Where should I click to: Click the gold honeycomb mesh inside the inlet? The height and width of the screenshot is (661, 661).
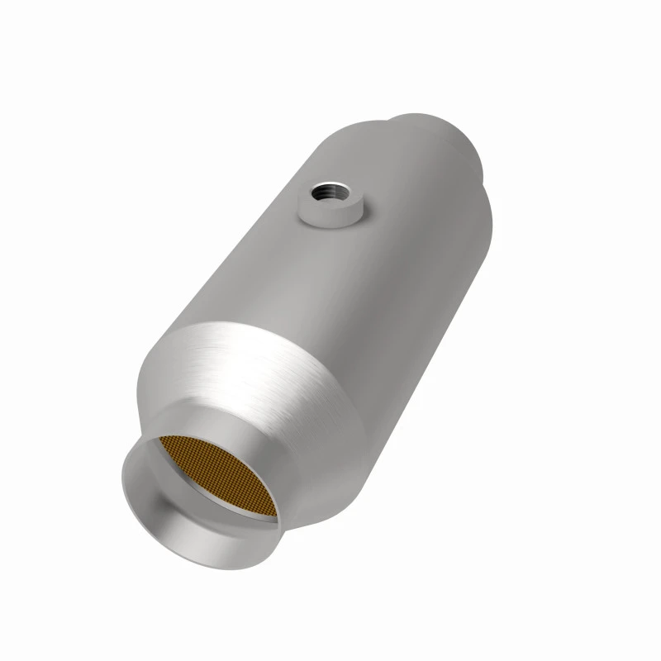[x=216, y=479]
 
